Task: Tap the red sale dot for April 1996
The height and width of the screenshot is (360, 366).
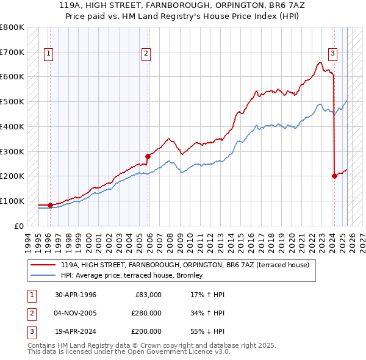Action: point(50,205)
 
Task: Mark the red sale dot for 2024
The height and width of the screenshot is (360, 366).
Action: point(334,176)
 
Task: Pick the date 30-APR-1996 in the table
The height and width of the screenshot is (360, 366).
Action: point(76,295)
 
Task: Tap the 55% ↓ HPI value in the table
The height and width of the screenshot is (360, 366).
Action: point(208,331)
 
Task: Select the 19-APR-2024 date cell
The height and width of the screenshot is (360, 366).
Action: point(76,331)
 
